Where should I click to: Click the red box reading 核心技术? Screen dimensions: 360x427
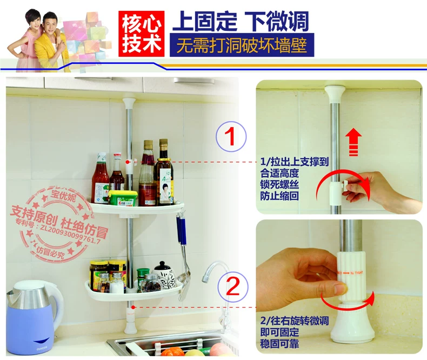pyautogui.click(x=141, y=33)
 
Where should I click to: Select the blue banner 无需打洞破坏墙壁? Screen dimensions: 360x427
pyautogui.click(x=241, y=45)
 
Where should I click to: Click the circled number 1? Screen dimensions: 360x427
pyautogui.click(x=231, y=136)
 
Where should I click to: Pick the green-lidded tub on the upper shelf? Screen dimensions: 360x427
pyautogui.click(x=123, y=197)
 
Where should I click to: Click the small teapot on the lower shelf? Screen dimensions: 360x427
pyautogui.click(x=164, y=274)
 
